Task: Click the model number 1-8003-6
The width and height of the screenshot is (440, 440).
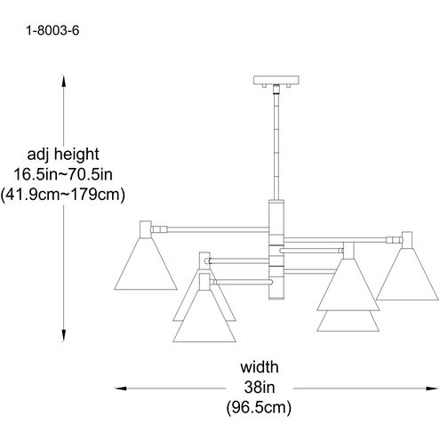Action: [52, 30]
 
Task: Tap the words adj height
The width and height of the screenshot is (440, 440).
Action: [63, 155]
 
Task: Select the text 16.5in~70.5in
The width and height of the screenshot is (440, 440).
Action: [63, 174]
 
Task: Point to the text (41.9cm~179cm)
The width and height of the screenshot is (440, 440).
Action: [62, 195]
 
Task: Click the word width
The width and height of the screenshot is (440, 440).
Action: [260, 367]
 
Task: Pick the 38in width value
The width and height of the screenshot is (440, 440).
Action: [260, 388]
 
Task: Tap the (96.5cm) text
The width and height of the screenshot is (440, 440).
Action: [259, 408]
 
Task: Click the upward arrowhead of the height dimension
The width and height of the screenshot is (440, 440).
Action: [63, 81]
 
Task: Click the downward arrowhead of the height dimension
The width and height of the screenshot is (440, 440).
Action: [63, 335]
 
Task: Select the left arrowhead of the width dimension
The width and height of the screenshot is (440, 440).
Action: [121, 388]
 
